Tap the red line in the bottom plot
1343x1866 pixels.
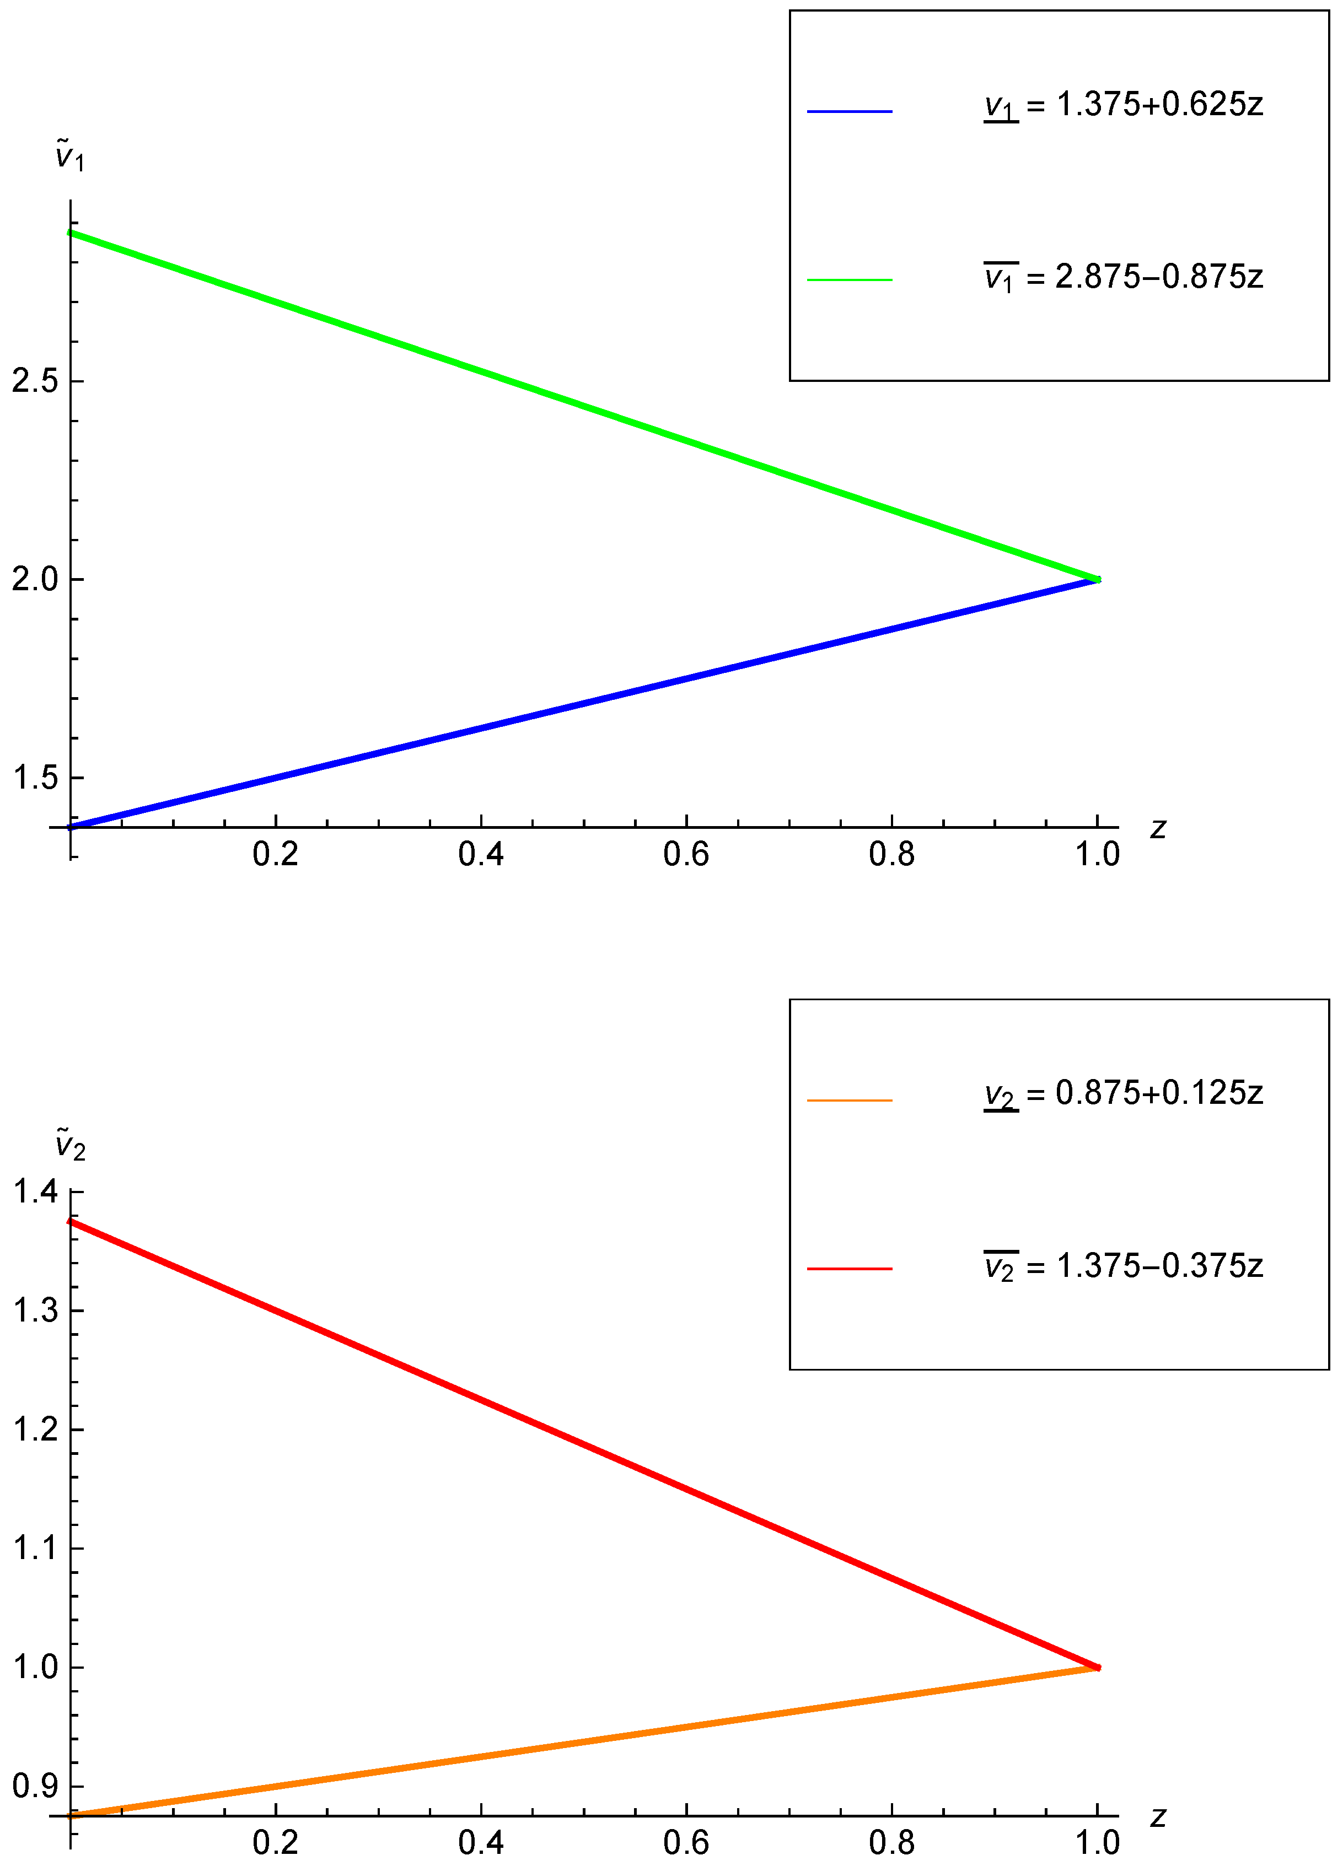tap(584, 1446)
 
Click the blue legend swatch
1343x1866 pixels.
tap(849, 111)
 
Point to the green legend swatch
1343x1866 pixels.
tap(849, 281)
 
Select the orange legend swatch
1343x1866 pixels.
tap(849, 1100)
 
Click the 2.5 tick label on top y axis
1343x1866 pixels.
tap(35, 381)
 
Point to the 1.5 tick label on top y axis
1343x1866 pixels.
tap(35, 778)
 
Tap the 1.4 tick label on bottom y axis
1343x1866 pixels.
tap(35, 1191)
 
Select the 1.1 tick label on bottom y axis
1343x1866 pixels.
tap(35, 1549)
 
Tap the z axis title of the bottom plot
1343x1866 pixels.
tap(1158, 1816)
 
